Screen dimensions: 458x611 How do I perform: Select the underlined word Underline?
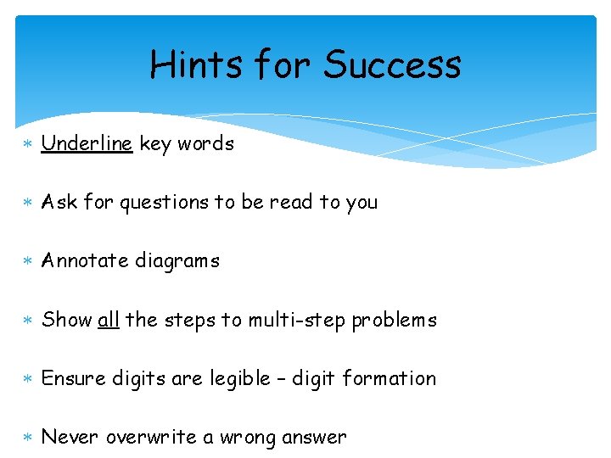click(x=87, y=144)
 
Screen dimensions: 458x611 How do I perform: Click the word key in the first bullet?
click(x=155, y=144)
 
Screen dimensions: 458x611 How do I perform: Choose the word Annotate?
click(x=82, y=261)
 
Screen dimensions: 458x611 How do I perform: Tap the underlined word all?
click(x=109, y=320)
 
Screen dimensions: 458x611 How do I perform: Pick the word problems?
click(x=395, y=321)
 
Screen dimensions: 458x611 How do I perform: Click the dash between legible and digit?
click(x=283, y=379)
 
